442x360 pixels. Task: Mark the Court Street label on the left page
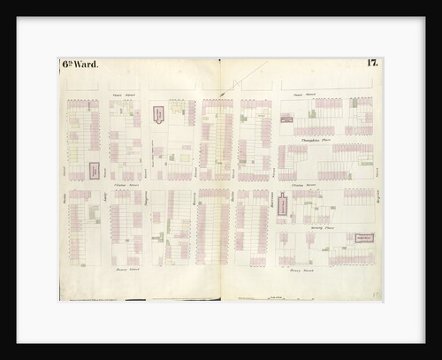coord(122,88)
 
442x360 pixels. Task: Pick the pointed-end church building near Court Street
coord(158,115)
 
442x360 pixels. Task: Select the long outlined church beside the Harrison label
coord(281,206)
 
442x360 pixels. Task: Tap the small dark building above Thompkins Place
coord(286,118)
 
